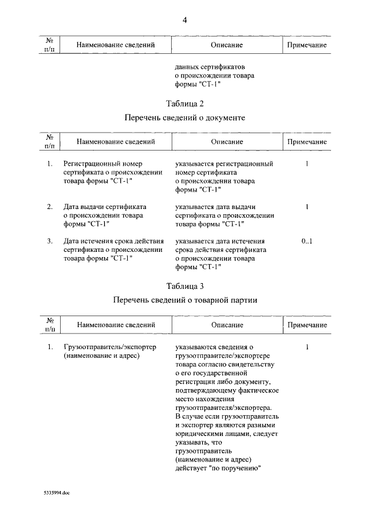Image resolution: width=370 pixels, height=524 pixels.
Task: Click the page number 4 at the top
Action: coord(184,20)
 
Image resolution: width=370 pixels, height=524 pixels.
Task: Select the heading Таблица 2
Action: coord(185,104)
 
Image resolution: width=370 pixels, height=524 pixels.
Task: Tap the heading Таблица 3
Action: coord(185,286)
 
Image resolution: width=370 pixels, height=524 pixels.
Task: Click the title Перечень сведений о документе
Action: coord(185,118)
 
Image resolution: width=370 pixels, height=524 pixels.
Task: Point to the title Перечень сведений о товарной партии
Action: coord(185,300)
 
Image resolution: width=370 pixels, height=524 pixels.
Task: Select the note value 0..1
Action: coord(306,241)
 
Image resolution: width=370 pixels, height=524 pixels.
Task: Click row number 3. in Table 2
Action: coord(50,241)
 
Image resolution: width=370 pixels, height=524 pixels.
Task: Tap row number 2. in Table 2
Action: coord(50,207)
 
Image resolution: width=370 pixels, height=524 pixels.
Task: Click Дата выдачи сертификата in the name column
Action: coord(105,207)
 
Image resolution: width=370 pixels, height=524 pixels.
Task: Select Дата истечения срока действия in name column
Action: coord(113,241)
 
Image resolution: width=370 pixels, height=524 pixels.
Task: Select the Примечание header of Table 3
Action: coord(307,325)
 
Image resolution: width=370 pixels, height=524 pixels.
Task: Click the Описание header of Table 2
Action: coord(226,141)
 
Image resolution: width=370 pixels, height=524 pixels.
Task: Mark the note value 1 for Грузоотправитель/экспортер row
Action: coord(306,347)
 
